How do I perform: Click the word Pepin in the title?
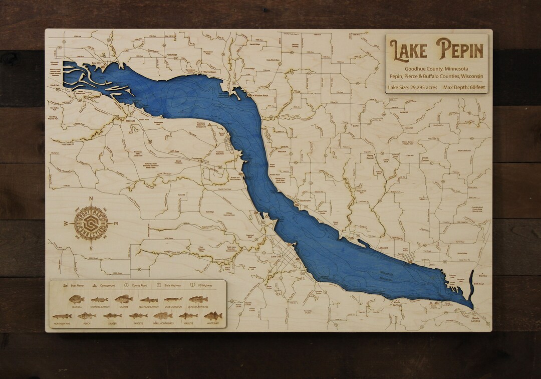click(460, 50)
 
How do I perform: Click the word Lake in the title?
click(408, 50)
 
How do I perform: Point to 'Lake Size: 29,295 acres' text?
click(412, 87)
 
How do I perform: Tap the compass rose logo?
click(91, 223)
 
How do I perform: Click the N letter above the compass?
click(91, 199)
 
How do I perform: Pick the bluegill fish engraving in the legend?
click(77, 299)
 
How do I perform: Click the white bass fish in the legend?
click(213, 316)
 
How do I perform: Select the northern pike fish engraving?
click(62, 316)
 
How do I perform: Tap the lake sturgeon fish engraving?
click(173, 299)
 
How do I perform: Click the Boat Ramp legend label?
click(77, 285)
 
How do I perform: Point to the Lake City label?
click(276, 257)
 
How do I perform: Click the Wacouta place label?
click(130, 121)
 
